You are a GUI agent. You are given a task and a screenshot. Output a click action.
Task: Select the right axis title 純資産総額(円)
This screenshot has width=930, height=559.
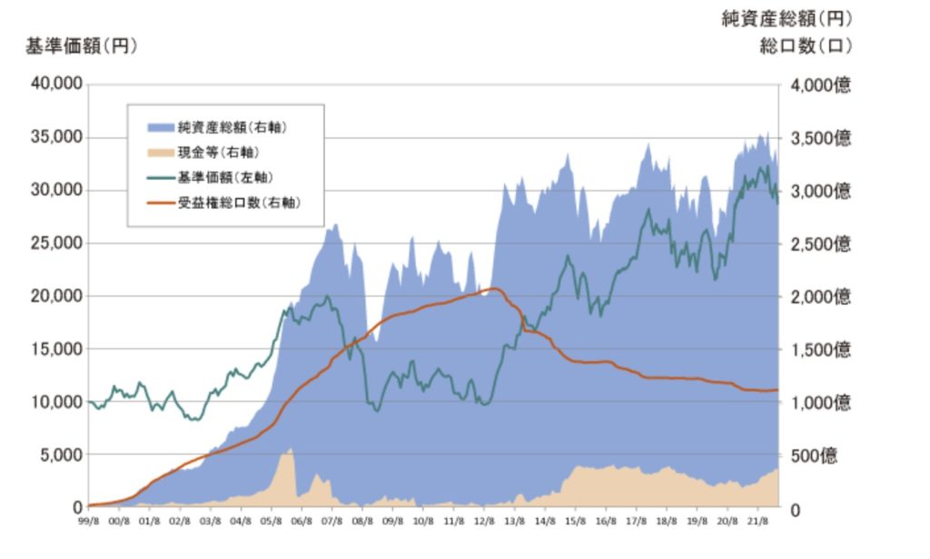point(787,18)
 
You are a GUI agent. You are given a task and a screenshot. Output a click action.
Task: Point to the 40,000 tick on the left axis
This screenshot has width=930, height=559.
point(58,84)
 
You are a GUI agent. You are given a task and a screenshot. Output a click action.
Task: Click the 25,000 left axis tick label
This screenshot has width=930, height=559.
point(58,243)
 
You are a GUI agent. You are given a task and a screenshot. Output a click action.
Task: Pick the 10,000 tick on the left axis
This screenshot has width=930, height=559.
point(58,401)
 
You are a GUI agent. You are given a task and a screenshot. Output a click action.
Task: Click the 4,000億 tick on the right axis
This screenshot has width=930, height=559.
point(820,85)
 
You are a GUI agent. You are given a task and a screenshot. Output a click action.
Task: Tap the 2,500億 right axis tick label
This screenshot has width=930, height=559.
point(820,244)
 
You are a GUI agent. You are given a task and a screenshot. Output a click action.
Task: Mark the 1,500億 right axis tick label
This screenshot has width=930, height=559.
point(820,349)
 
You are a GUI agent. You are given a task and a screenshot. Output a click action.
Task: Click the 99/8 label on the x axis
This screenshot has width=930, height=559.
point(88,522)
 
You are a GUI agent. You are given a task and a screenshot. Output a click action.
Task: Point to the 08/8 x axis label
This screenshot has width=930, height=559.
point(362,522)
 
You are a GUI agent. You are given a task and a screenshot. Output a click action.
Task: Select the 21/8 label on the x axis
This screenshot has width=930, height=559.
point(757,522)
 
